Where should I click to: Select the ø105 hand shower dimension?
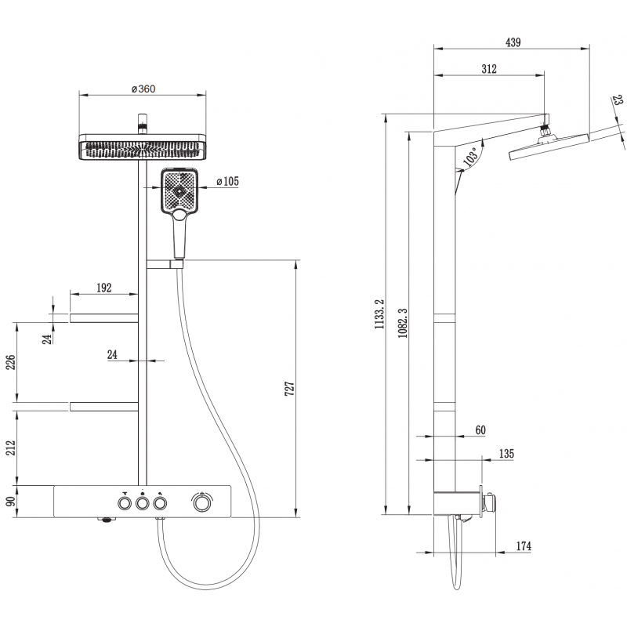pos(227,182)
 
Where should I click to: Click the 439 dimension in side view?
pos(513,43)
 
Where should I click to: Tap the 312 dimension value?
pos(488,70)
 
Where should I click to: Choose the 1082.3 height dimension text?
pos(402,322)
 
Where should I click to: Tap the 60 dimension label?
pos(480,429)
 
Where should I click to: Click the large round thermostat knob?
pos(202,502)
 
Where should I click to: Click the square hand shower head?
pos(179,190)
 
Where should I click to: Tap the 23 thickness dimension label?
pos(618,102)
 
